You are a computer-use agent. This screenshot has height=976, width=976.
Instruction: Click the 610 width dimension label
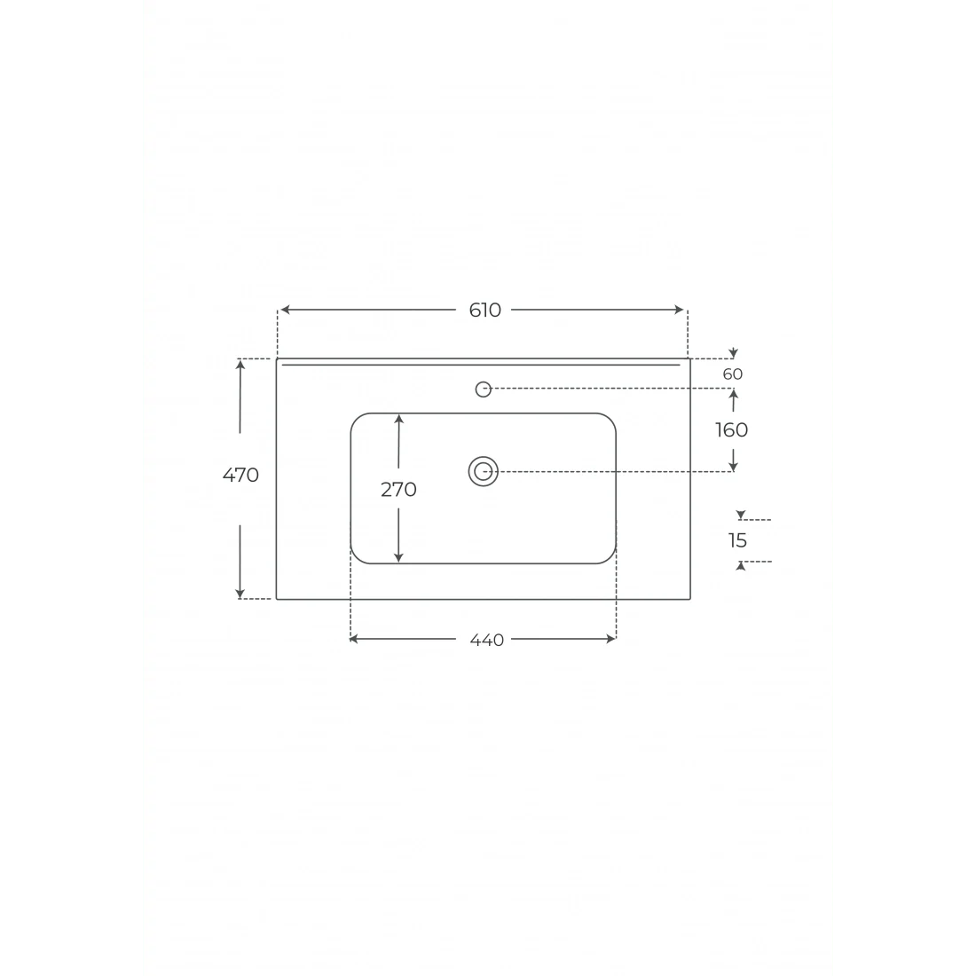484,310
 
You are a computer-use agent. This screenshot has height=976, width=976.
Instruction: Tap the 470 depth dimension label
240,475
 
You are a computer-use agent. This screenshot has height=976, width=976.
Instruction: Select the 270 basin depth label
398,490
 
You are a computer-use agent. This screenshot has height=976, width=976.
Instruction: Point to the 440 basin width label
487,640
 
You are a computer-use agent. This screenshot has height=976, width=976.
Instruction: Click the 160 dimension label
731,430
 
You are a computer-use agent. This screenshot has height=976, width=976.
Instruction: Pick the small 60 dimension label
733,374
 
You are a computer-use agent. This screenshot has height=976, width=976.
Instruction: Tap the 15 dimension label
737,541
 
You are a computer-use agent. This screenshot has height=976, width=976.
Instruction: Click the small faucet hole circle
483,389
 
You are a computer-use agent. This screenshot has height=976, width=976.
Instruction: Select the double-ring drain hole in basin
483,472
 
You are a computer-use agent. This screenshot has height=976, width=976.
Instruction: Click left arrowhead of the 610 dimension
285,310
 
